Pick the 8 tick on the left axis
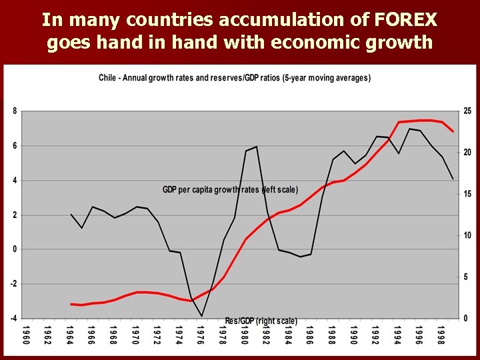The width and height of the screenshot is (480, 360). pyautogui.click(x=15, y=111)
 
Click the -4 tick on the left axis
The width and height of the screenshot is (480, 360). pyautogui.click(x=13, y=319)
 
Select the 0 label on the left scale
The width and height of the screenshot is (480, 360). pyautogui.click(x=15, y=249)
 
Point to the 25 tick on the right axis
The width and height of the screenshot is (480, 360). pyautogui.click(x=467, y=111)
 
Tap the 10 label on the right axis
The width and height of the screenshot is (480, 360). pyautogui.click(x=467, y=236)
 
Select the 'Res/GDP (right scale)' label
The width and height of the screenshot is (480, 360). pyautogui.click(x=261, y=321)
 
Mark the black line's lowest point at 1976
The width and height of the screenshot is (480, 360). pyautogui.click(x=201, y=316)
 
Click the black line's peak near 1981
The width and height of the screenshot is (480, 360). pyautogui.click(x=256, y=147)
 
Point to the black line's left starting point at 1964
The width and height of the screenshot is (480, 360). pyautogui.click(x=71, y=214)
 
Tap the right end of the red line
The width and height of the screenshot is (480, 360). pyautogui.click(x=453, y=131)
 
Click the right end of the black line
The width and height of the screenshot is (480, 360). pyautogui.click(x=453, y=179)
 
